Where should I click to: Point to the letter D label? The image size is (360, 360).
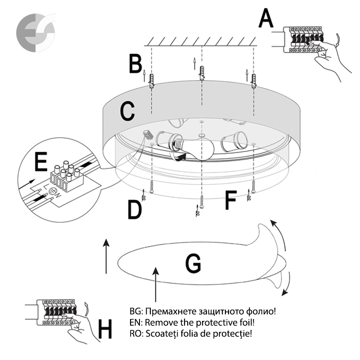pyautogui.click(x=135, y=209)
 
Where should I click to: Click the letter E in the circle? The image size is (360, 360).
pyautogui.click(x=41, y=162)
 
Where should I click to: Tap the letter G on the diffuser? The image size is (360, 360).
pyautogui.click(x=193, y=264)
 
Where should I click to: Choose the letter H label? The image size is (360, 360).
pyautogui.click(x=105, y=330)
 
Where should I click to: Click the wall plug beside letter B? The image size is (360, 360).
pyautogui.click(x=152, y=81)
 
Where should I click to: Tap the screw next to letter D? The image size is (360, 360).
pyautogui.click(x=152, y=186)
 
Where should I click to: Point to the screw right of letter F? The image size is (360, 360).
pyautogui.click(x=254, y=185)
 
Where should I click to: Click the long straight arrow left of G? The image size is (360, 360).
pyautogui.click(x=107, y=256)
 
